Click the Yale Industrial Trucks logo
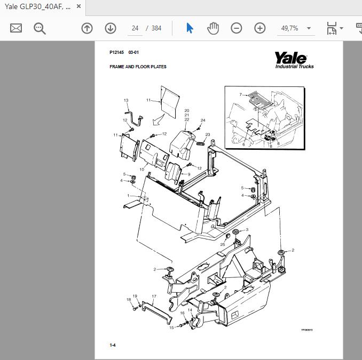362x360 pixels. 294,60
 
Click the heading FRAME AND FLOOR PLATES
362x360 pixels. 138,67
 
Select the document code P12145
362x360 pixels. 116,53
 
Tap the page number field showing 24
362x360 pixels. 135,28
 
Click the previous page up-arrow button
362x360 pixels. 87,28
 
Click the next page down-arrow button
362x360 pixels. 111,28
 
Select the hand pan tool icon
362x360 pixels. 213,28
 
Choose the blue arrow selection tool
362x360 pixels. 190,28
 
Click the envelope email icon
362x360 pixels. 16,28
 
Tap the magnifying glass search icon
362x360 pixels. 40,28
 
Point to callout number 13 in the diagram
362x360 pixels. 126,100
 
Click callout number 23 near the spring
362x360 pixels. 208,134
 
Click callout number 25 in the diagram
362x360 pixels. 223,244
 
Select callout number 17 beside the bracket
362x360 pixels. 154,296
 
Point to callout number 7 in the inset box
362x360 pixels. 241,94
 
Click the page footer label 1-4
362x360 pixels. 113,345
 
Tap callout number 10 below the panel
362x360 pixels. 142,169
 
